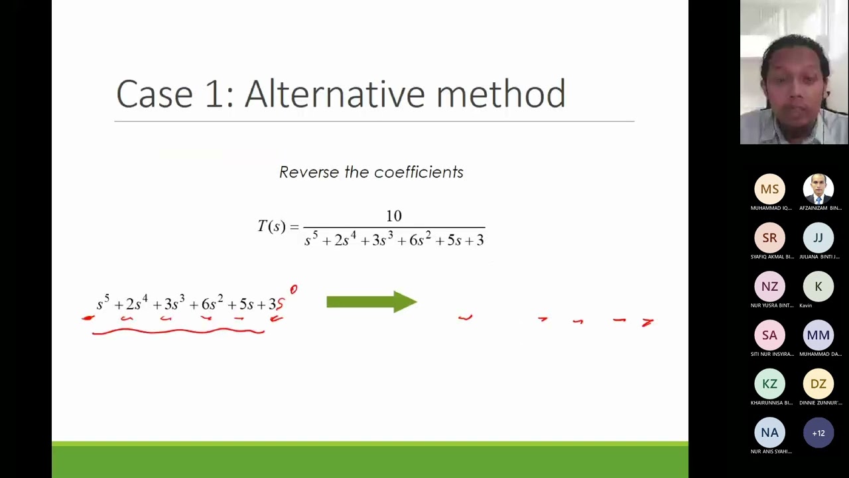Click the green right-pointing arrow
coord(371,302)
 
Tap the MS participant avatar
coord(769,189)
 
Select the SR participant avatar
coord(769,238)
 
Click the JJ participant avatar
coord(818,238)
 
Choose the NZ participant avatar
coord(769,287)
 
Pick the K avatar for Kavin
coord(818,287)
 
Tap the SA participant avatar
coord(769,335)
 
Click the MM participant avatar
coord(818,335)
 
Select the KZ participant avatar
coord(769,384)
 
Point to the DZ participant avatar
coord(818,384)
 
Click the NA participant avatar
coord(769,433)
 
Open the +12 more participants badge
coord(818,433)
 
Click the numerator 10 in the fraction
coord(394,216)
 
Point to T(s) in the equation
coord(272,226)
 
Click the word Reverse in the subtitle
coord(309,173)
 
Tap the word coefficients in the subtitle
coord(419,173)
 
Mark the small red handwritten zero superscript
coord(294,289)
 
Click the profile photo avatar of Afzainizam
coord(818,189)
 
